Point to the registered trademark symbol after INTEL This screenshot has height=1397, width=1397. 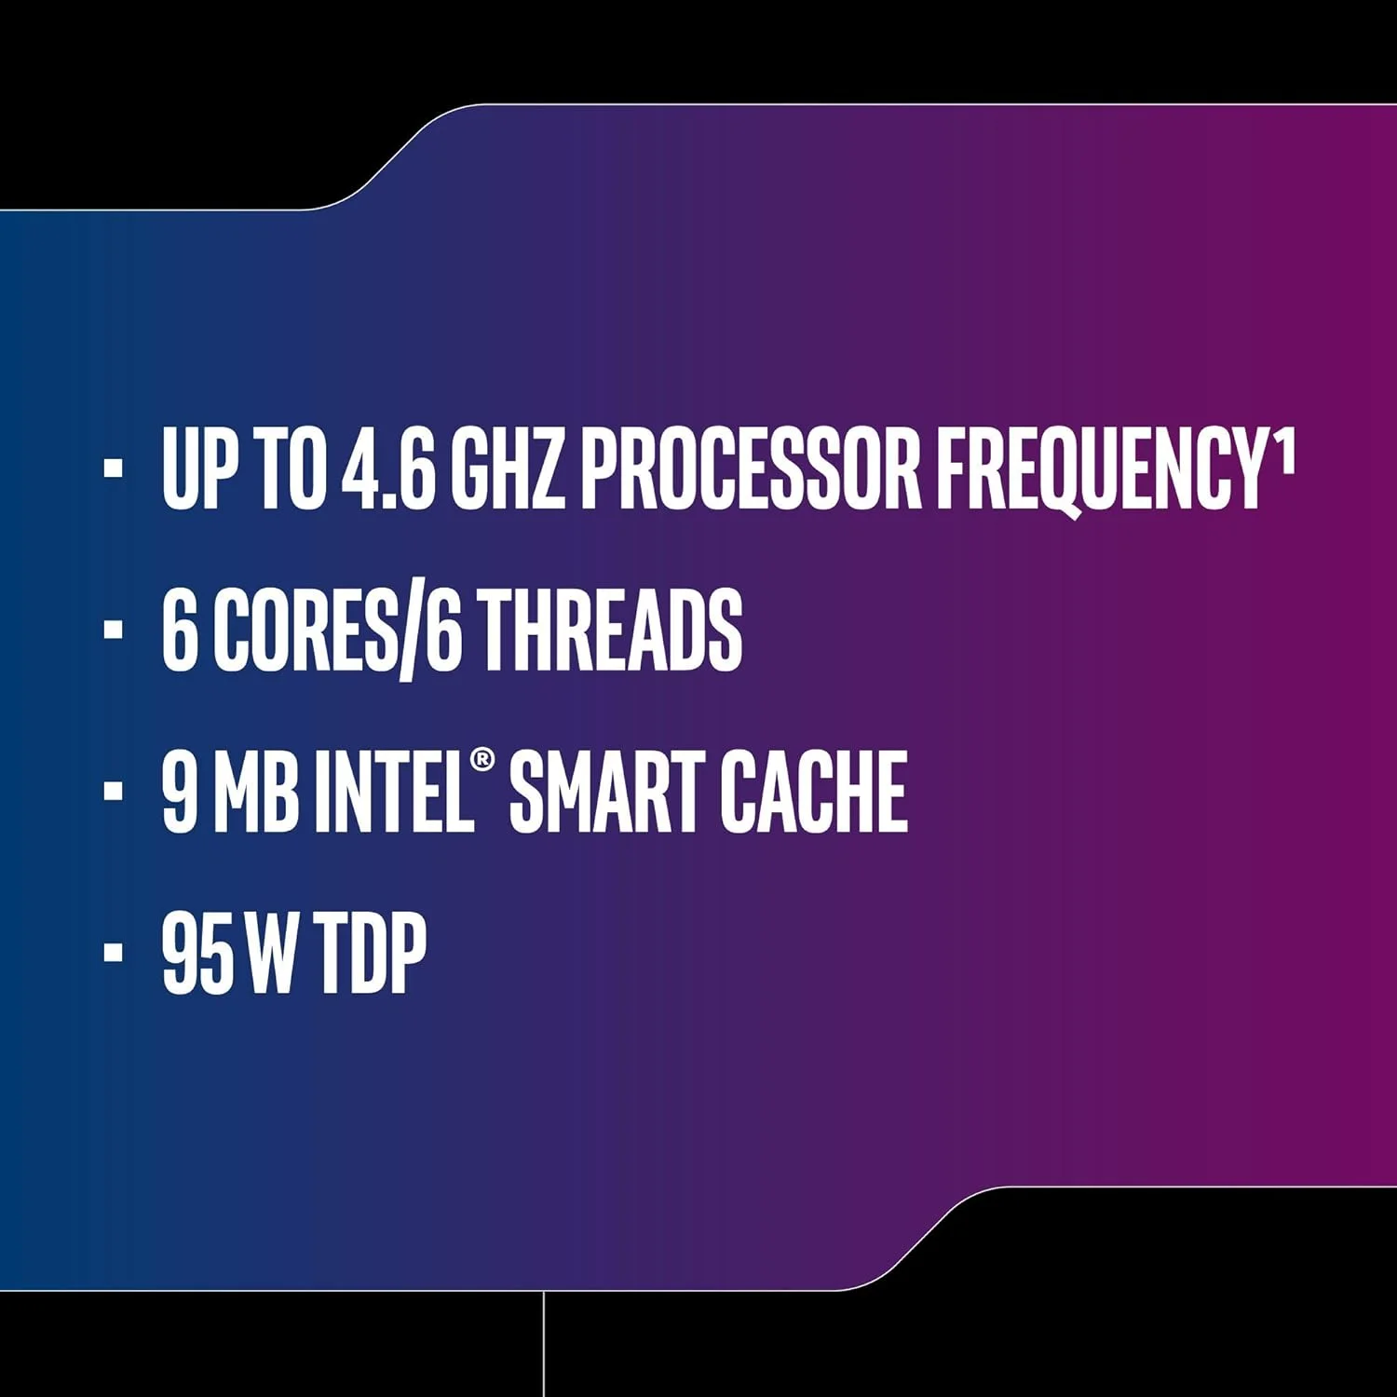pyautogui.click(x=482, y=760)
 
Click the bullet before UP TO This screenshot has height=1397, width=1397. pyautogui.click(x=114, y=468)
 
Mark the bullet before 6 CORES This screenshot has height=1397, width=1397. pyautogui.click(x=114, y=631)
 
